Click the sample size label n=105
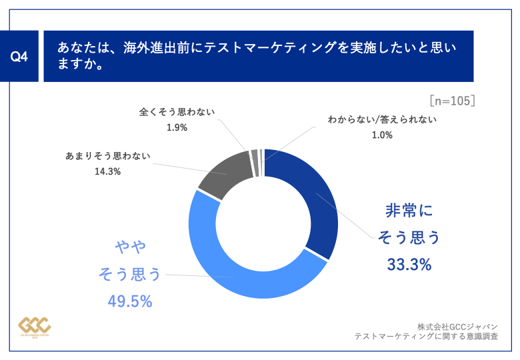(x=452, y=101)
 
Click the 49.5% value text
(x=130, y=301)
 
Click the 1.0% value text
(x=382, y=135)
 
